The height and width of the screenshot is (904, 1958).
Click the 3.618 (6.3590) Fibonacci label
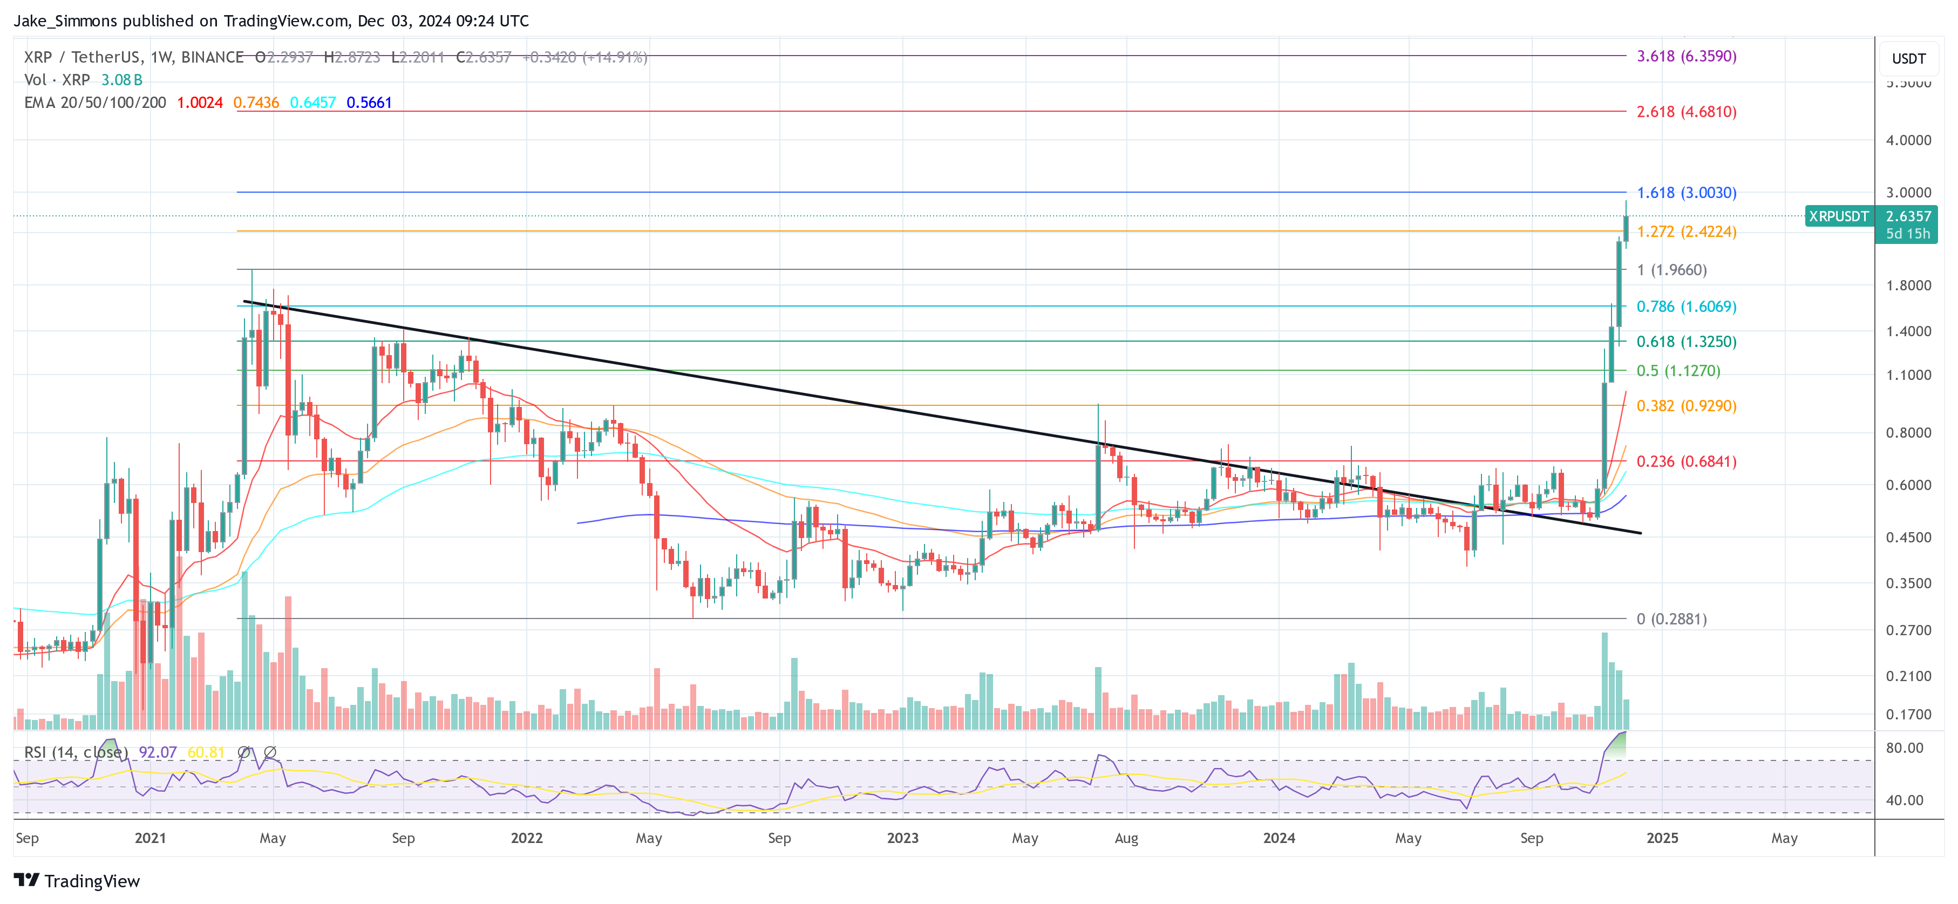[x=1686, y=56]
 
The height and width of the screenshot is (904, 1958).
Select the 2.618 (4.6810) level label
[x=1686, y=112]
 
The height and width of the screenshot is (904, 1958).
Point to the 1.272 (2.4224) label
[x=1686, y=232]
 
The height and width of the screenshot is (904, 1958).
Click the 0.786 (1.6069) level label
[x=1686, y=307]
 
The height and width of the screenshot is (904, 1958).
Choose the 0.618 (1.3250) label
[x=1686, y=342]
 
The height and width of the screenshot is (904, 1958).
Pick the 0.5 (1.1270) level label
[x=1677, y=371]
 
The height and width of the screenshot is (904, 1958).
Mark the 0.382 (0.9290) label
[x=1686, y=406]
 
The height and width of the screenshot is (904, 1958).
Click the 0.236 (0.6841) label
[x=1686, y=461]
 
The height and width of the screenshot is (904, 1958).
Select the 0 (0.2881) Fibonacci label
[x=1671, y=619]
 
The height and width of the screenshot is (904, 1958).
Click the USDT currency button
[x=1908, y=58]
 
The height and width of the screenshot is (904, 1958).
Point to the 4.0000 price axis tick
[x=1908, y=140]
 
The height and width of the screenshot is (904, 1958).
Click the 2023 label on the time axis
[x=902, y=838]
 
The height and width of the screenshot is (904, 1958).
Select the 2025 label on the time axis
[x=1662, y=838]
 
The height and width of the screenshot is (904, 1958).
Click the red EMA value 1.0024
[x=200, y=103]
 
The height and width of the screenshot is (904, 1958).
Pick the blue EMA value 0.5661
[x=369, y=103]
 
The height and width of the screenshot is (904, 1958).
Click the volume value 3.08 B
[x=121, y=80]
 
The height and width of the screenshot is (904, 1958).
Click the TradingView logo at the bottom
[x=78, y=881]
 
